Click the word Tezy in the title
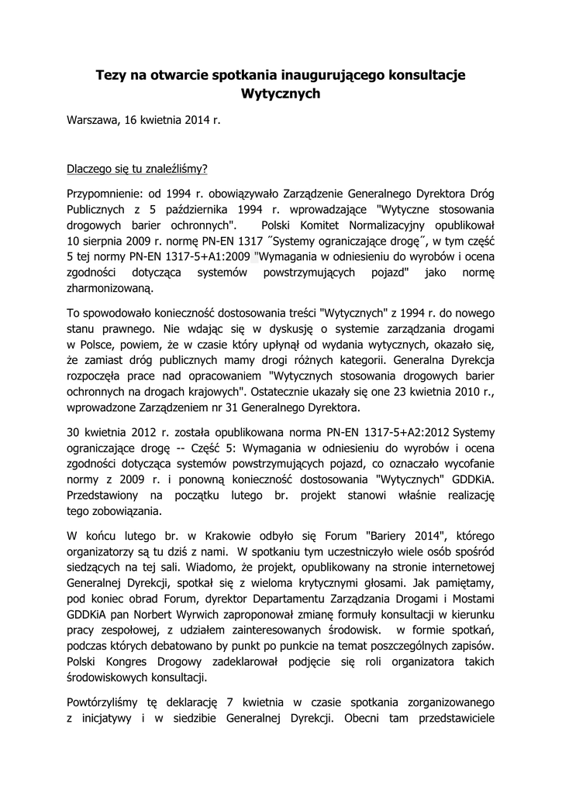[x=111, y=75]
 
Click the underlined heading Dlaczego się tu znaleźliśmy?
[x=137, y=168]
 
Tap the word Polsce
[x=98, y=345]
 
